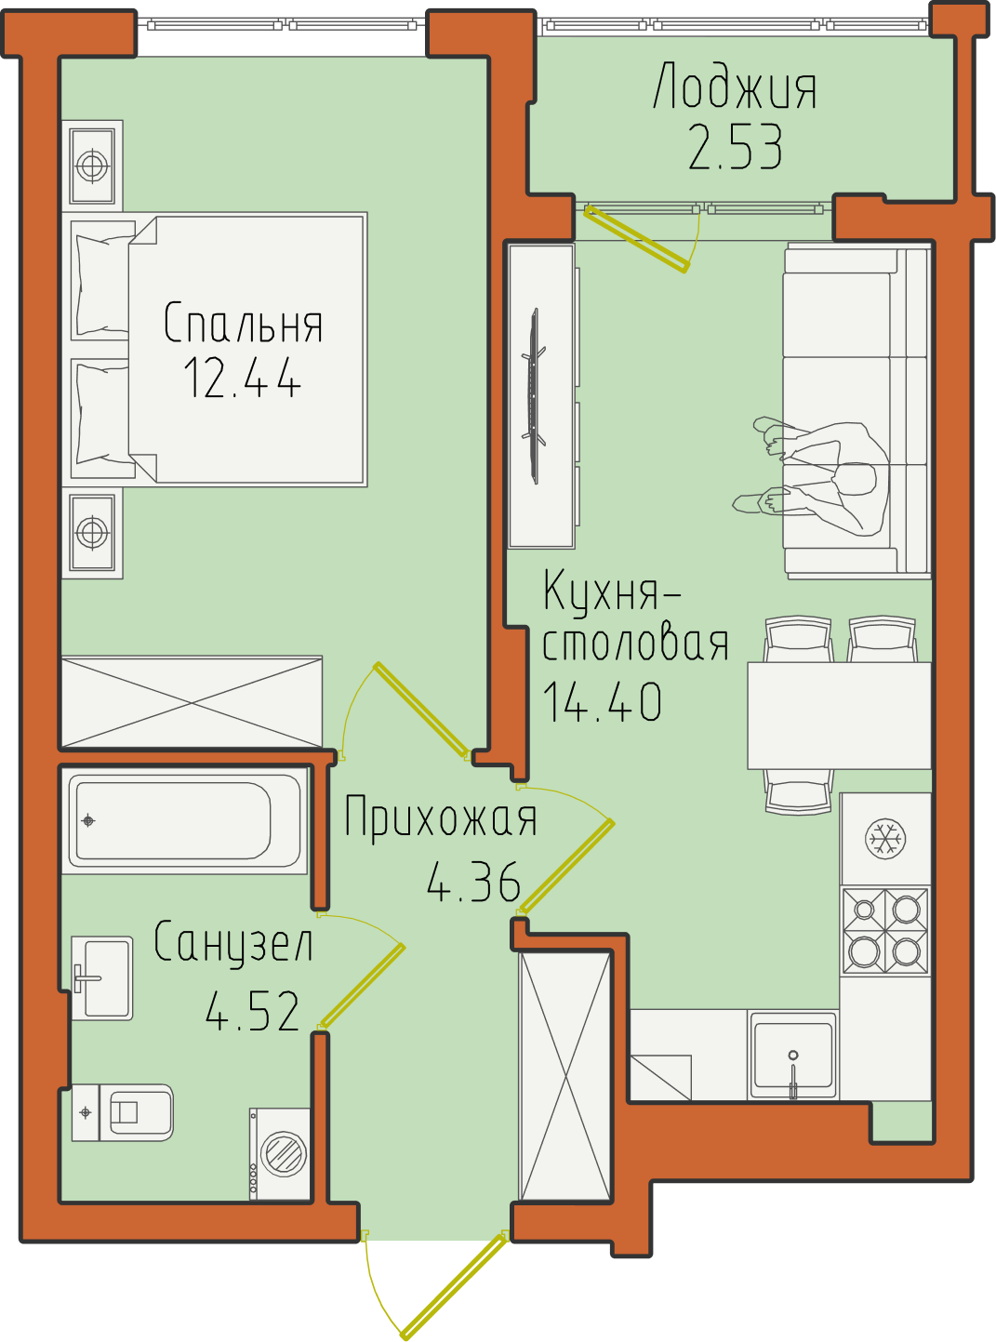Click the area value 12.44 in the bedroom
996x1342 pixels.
tap(242, 377)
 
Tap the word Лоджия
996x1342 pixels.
tap(736, 86)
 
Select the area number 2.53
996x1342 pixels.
tap(736, 146)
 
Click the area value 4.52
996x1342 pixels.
tap(252, 1010)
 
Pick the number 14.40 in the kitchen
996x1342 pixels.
tap(602, 701)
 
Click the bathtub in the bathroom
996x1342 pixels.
tap(184, 821)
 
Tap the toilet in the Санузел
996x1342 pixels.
tap(123, 1112)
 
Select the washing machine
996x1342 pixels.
tap(280, 1154)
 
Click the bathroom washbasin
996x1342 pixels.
tap(102, 978)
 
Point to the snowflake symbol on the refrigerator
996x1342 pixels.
tap(885, 839)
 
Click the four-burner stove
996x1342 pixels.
tap(885, 931)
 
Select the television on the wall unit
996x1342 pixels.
tap(535, 396)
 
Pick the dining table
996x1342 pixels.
tap(839, 716)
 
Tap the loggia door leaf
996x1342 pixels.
tap(637, 239)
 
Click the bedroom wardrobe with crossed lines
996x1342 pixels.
tap(192, 702)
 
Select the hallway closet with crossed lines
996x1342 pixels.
tap(565, 1076)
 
